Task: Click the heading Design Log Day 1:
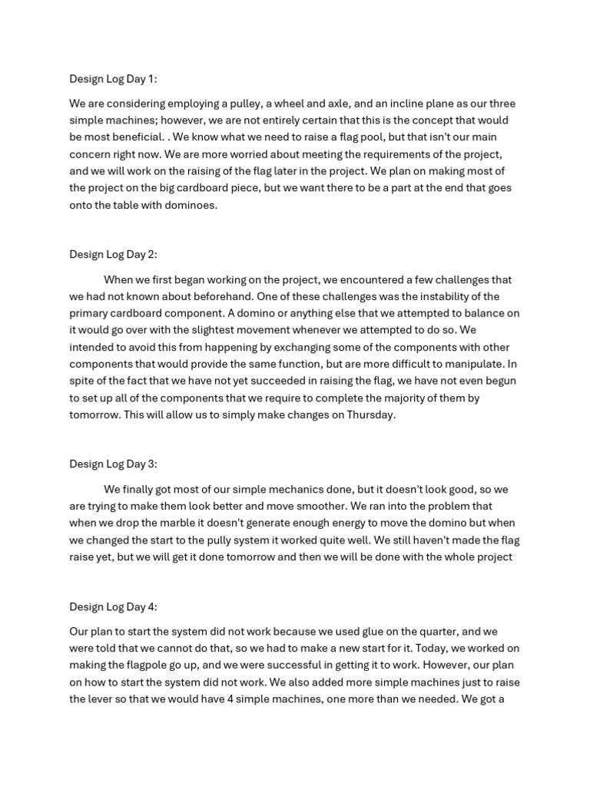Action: pos(113,79)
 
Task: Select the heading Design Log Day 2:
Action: pos(113,254)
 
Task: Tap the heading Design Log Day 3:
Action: pos(113,464)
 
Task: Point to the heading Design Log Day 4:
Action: pos(113,606)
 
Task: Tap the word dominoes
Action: pos(192,205)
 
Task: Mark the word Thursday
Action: pos(369,414)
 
